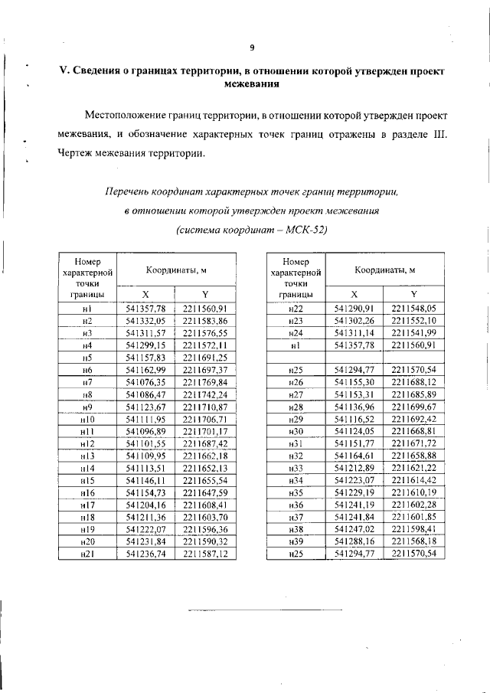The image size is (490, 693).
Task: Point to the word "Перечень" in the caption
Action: click(131, 189)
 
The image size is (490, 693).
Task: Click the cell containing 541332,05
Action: click(145, 321)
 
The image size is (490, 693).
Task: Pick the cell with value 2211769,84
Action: click(206, 382)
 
